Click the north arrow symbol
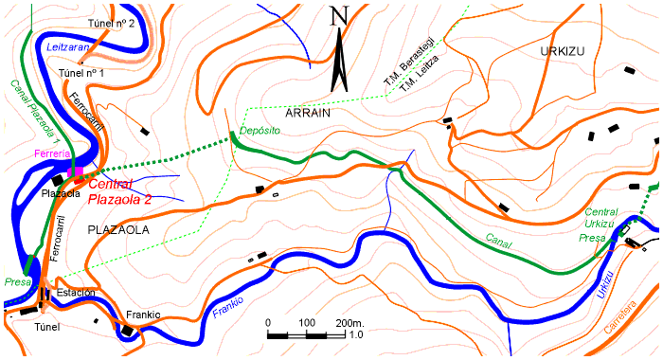pos(340,52)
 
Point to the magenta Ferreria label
pos(50,153)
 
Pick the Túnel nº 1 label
pos(81,72)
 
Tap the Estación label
pos(76,293)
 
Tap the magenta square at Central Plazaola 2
pos(80,171)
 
